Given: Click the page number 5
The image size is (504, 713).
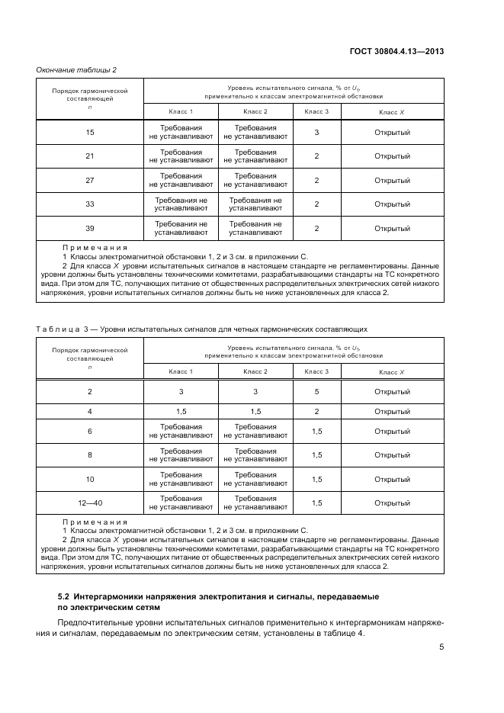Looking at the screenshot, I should click(441, 647).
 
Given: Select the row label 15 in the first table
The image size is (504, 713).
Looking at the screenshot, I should click(90, 133).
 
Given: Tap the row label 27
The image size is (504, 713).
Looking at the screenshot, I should click(90, 181).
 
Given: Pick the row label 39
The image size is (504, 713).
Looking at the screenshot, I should click(90, 229).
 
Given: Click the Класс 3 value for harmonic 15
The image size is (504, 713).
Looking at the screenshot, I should click(316, 133).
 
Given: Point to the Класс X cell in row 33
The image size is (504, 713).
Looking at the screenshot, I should click(392, 204).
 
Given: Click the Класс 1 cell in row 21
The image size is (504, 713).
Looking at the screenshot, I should click(181, 156).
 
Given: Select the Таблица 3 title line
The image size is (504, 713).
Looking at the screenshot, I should click(202, 329).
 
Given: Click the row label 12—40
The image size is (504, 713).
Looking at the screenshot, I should click(90, 503).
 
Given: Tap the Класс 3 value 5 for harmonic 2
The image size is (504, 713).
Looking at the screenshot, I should click(316, 391).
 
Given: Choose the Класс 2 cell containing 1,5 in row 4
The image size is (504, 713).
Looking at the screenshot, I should click(255, 411).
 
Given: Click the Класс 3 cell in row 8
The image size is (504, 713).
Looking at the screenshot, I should click(316, 455).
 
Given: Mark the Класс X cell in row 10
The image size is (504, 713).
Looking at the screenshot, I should click(392, 480).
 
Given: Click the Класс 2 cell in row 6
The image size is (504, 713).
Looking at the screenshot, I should click(255, 432).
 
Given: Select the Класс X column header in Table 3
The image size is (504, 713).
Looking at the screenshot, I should click(392, 372).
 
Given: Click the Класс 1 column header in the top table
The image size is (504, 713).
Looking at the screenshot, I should click(181, 112).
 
